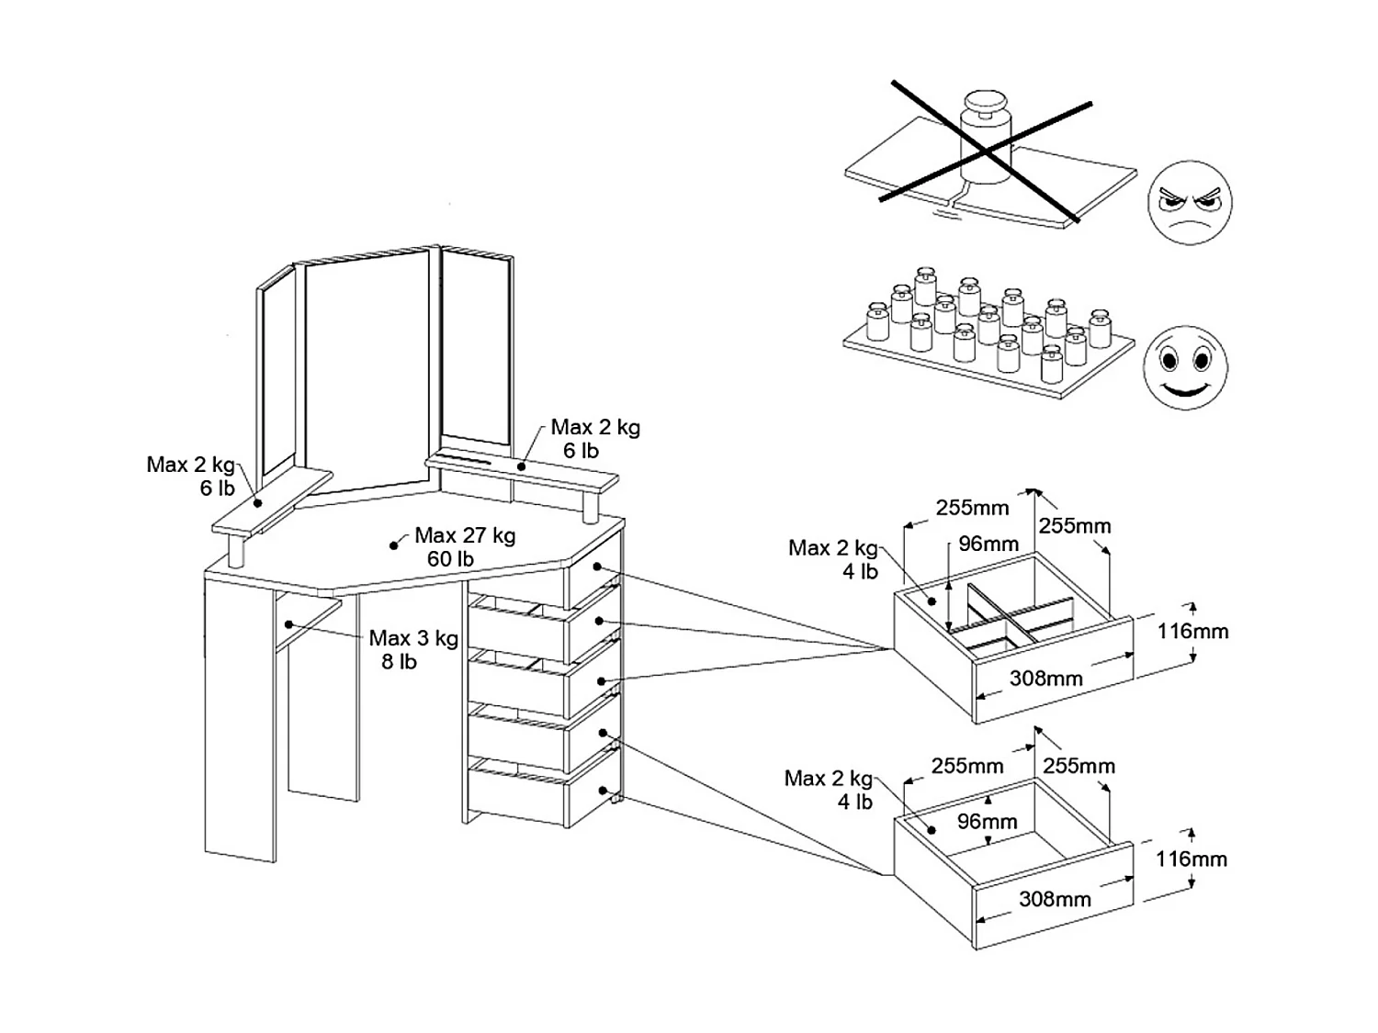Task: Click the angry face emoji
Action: pyautogui.click(x=1190, y=203)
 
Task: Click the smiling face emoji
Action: pyautogui.click(x=1185, y=367)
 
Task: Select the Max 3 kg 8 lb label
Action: pyautogui.click(x=412, y=649)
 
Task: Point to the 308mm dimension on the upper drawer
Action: pyautogui.click(x=1045, y=679)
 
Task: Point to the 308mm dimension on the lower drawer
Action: pyautogui.click(x=1055, y=899)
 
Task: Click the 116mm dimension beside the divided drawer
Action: pyautogui.click(x=1192, y=631)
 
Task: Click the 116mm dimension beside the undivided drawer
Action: pyautogui.click(x=1191, y=859)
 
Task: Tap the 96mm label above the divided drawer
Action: pyautogui.click(x=988, y=544)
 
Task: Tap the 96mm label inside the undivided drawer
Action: pyautogui.click(x=987, y=821)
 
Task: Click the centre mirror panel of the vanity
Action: pyautogui.click(x=366, y=372)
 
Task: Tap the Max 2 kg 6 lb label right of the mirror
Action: pyautogui.click(x=595, y=438)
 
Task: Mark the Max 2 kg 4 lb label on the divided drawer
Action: pyautogui.click(x=833, y=559)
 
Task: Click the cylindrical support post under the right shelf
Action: pyautogui.click(x=591, y=505)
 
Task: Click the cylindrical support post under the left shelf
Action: pyautogui.click(x=236, y=550)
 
